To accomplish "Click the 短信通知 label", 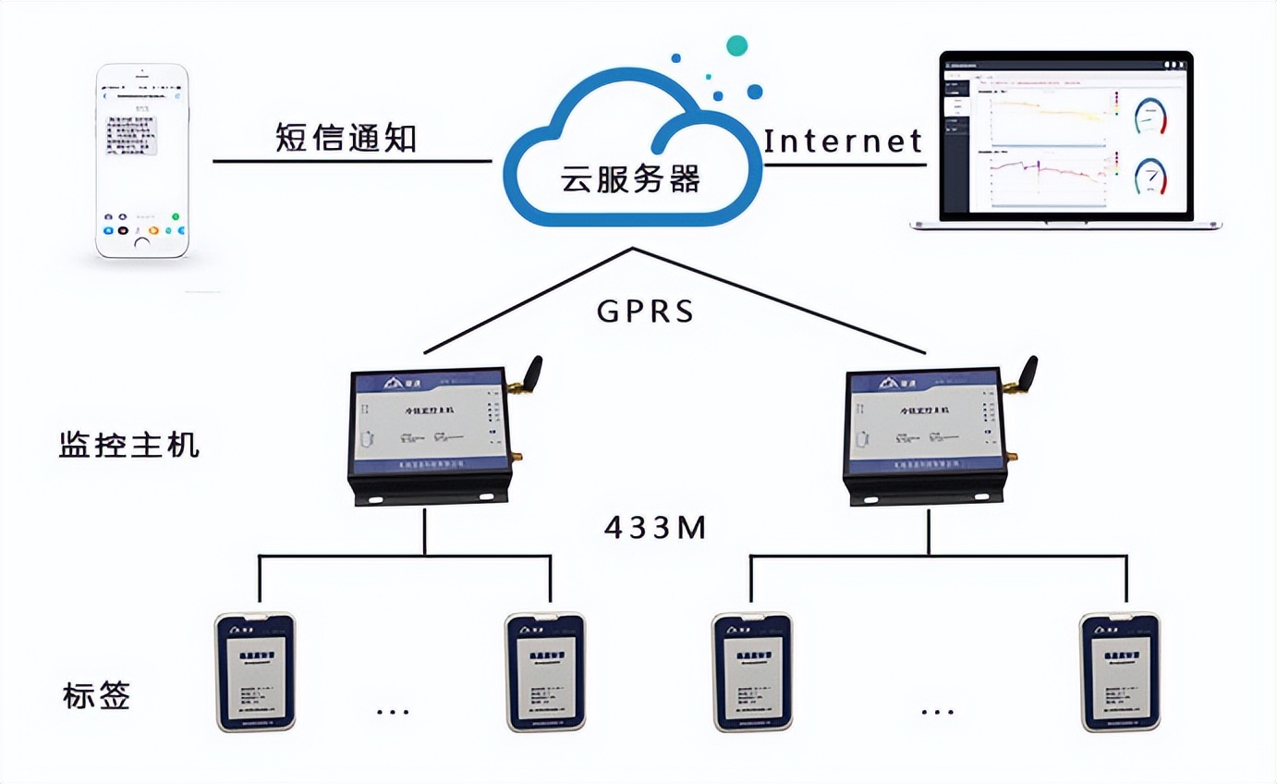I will [347, 138].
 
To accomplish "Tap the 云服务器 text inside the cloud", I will [631, 178].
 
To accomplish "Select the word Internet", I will [843, 141].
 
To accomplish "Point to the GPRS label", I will [646, 311].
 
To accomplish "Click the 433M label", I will [655, 528].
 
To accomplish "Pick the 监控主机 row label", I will [128, 446].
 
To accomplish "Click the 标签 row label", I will [97, 695].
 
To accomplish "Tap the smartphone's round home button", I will [141, 243].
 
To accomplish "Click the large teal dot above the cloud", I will [736, 44].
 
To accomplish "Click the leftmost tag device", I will [254, 672].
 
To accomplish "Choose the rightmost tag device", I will [1120, 672].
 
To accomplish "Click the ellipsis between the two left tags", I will [393, 712].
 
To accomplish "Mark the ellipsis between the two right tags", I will [937, 712].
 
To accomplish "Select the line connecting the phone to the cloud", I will [351, 162].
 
